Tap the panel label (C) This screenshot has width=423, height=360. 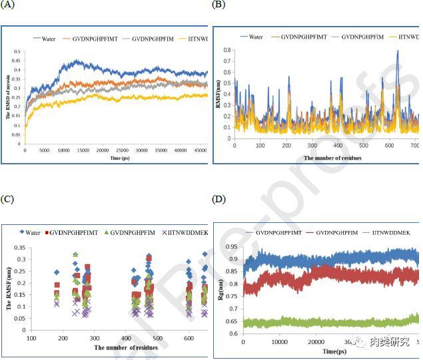click(8, 199)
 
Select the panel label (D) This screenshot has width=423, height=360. click(218, 199)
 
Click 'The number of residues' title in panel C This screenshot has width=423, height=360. click(127, 347)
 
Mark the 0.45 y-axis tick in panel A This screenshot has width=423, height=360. click(17, 61)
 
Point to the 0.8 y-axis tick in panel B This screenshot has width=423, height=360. click(226, 51)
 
